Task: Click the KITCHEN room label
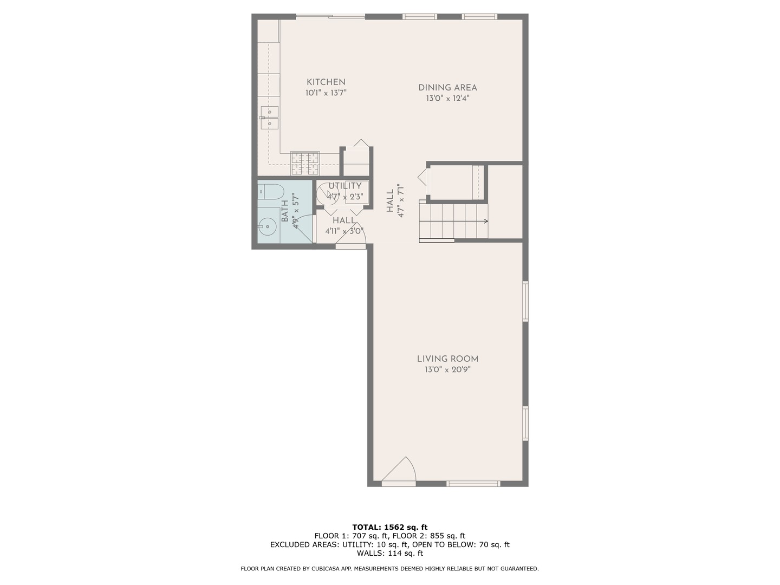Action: tap(326, 82)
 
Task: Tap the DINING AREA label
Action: tap(447, 87)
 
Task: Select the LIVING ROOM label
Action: tap(447, 359)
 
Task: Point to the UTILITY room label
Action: tap(344, 186)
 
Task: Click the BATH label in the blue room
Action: tap(285, 211)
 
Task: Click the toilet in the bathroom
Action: tap(271, 191)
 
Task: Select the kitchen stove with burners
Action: tap(305, 163)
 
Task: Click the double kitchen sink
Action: tap(269, 118)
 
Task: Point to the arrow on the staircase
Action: tap(485, 221)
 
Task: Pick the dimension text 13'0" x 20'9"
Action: tap(447, 370)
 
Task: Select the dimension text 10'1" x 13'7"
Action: tap(326, 93)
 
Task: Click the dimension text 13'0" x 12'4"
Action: tap(447, 99)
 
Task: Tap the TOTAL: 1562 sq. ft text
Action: tap(389, 527)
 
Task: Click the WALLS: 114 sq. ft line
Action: tap(389, 553)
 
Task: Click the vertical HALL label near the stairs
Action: tap(390, 200)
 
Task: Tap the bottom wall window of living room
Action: tap(473, 483)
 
